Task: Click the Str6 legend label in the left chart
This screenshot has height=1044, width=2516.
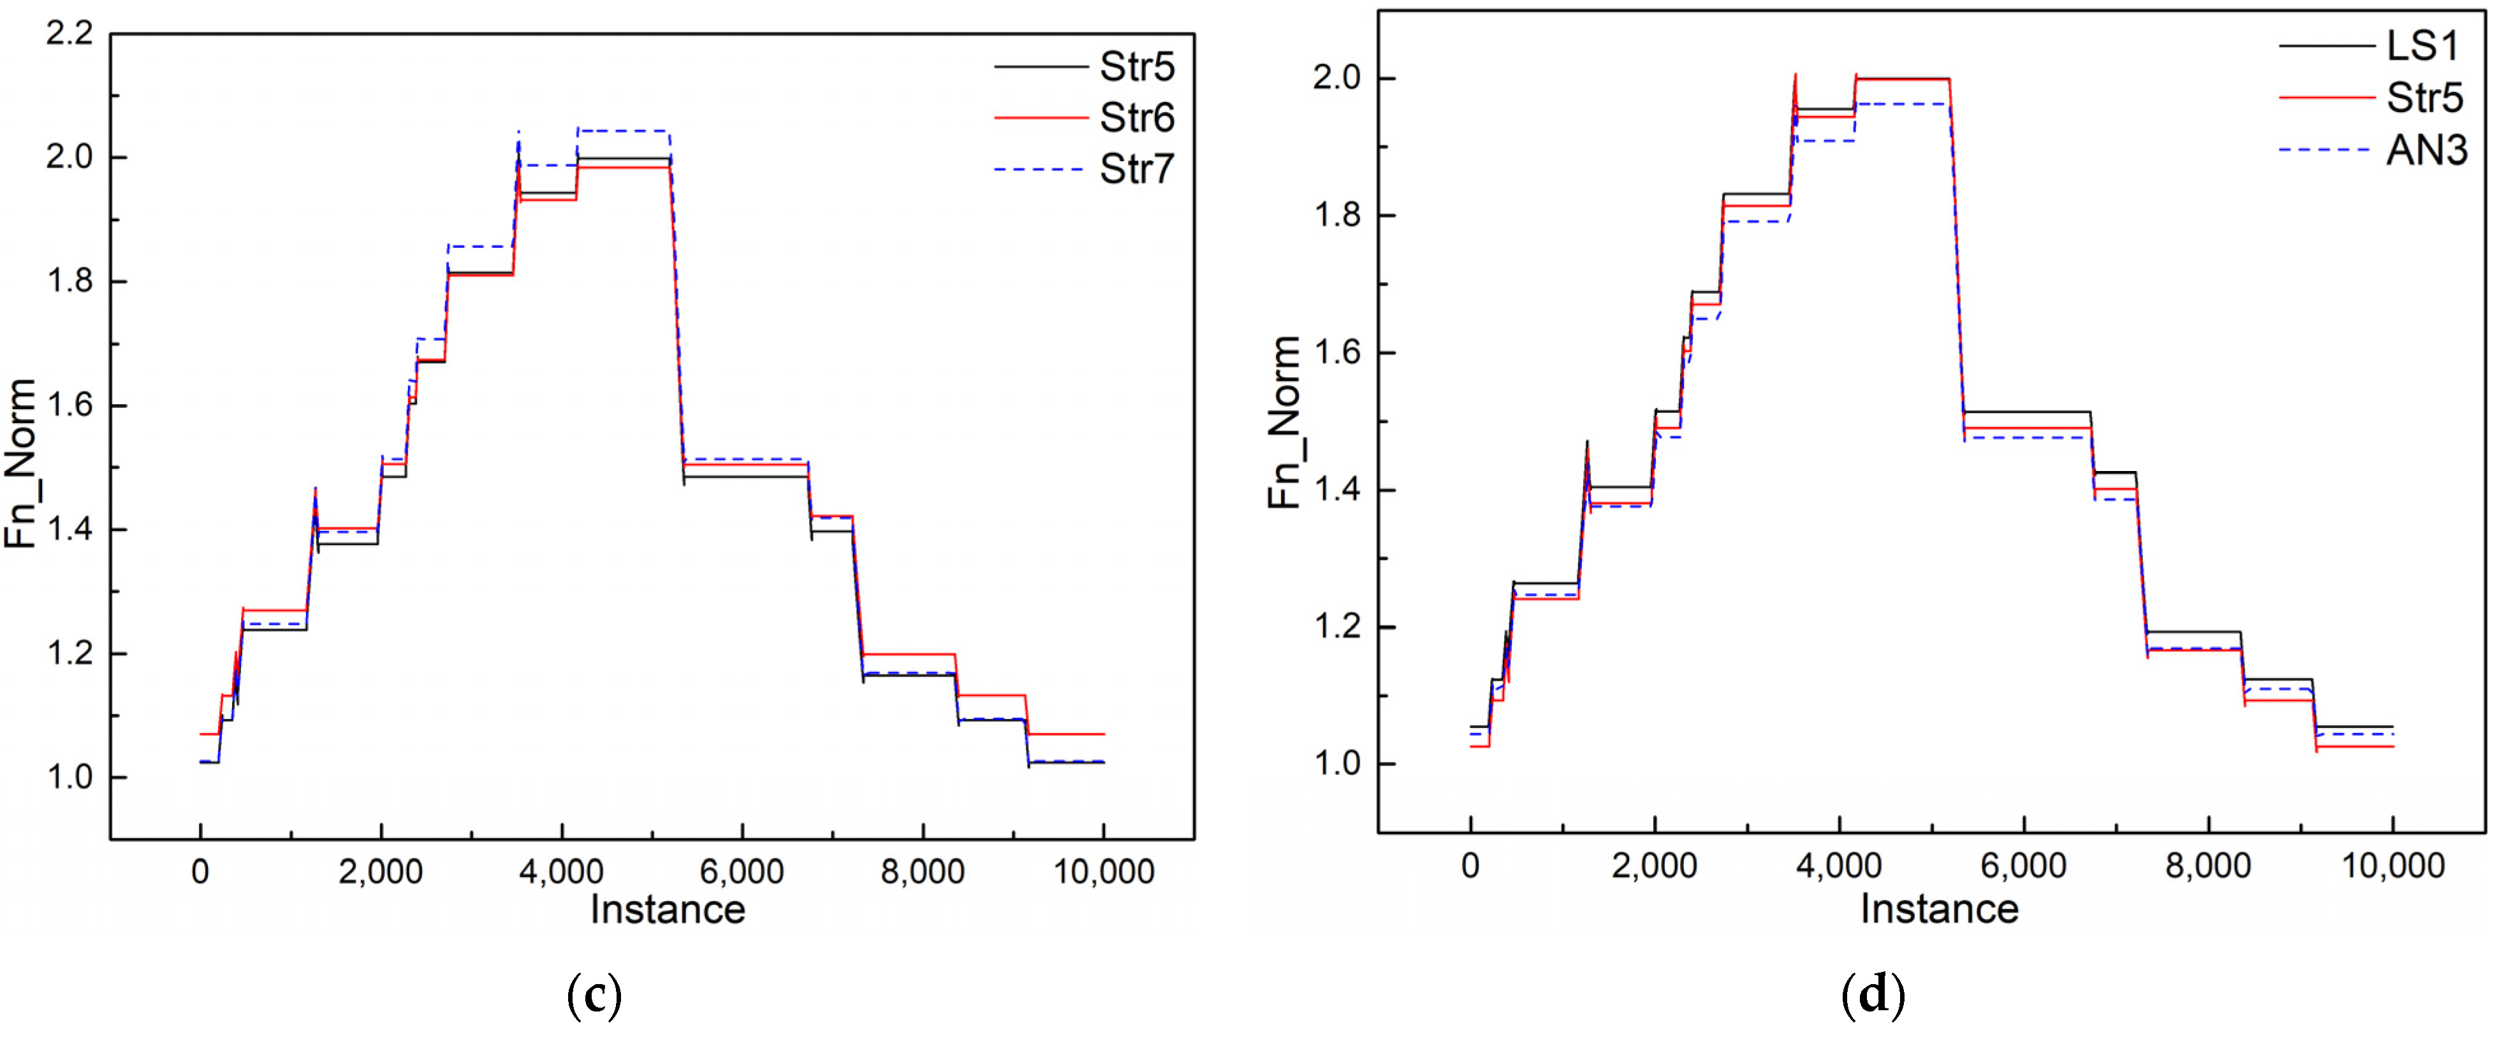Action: point(1136,118)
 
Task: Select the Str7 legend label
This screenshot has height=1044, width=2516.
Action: point(1136,170)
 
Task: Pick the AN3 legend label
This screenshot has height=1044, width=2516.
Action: point(2426,150)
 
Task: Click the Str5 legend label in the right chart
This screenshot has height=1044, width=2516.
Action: point(2424,98)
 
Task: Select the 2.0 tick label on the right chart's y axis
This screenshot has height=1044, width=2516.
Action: point(1336,78)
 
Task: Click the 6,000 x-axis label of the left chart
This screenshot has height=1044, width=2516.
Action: point(742,871)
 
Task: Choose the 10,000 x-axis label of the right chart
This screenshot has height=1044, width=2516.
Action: point(2393,866)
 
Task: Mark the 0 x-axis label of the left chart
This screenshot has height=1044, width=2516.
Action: point(200,871)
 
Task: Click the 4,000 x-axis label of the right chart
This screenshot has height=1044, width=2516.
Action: point(1838,866)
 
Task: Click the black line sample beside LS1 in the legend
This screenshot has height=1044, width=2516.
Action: point(2327,46)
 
